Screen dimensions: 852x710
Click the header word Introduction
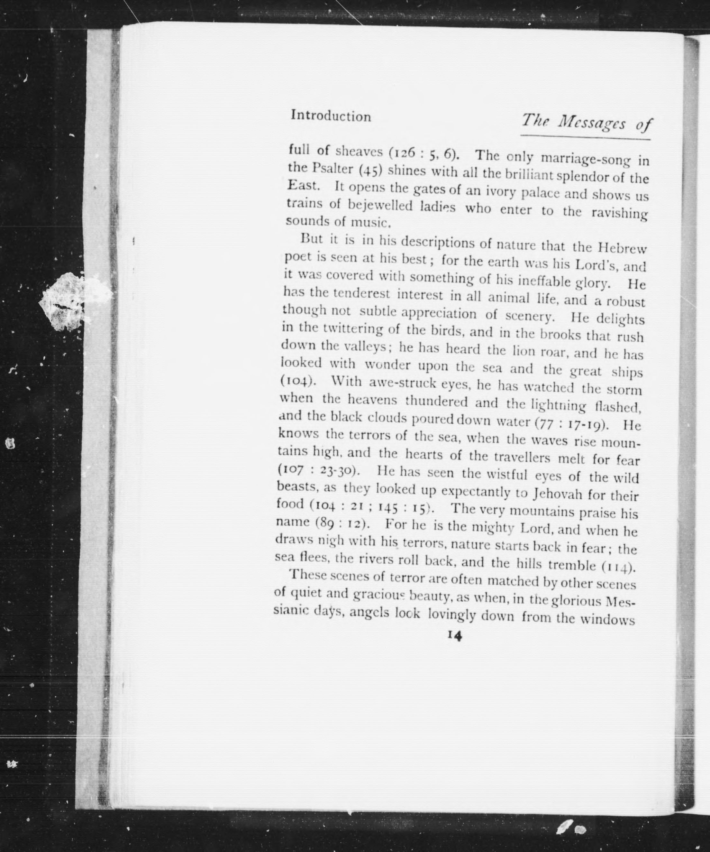pyautogui.click(x=331, y=116)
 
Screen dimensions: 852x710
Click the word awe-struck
pyautogui.click(x=402, y=383)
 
